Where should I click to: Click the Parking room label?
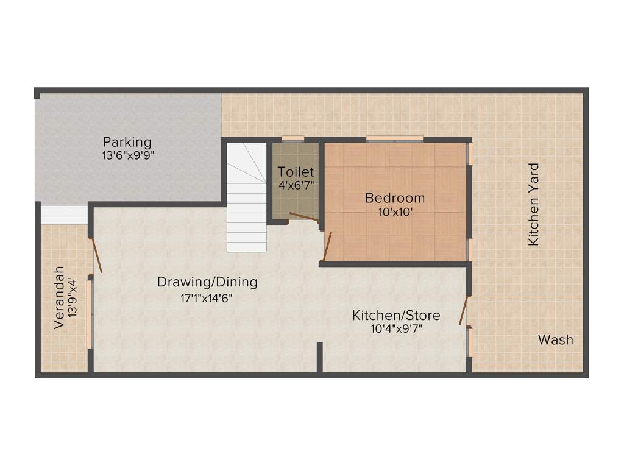[x=127, y=142]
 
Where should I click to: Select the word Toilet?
[x=296, y=172]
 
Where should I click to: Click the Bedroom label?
[x=395, y=198]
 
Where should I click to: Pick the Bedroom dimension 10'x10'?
[x=395, y=212]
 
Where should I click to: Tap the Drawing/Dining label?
[x=207, y=282]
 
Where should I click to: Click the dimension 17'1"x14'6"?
[x=207, y=298]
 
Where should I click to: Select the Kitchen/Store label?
[x=396, y=316]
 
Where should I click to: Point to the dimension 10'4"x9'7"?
[x=396, y=329]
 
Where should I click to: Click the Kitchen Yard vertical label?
[x=534, y=204]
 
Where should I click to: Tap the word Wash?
[x=555, y=339]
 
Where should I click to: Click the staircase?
[x=247, y=198]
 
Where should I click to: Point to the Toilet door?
[x=303, y=216]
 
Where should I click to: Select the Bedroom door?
[x=327, y=246]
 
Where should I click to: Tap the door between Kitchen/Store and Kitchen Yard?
[x=464, y=311]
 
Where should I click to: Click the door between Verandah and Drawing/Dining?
[x=96, y=255]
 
